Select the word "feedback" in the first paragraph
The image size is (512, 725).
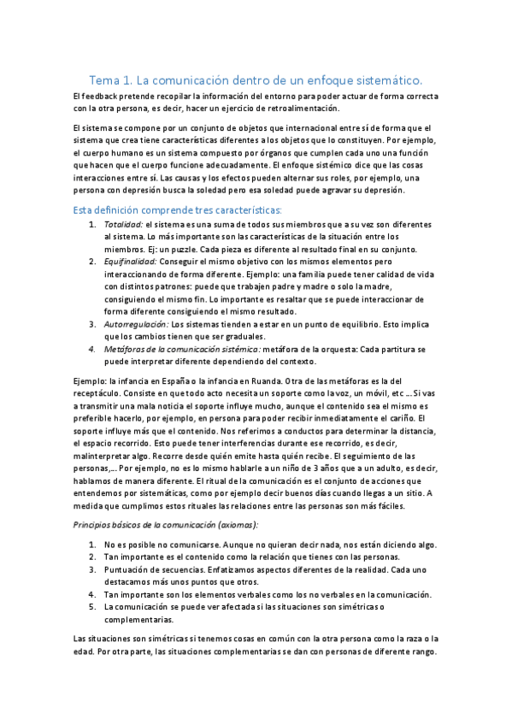pyautogui.click(x=100, y=96)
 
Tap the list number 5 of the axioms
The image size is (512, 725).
pyautogui.click(x=91, y=606)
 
